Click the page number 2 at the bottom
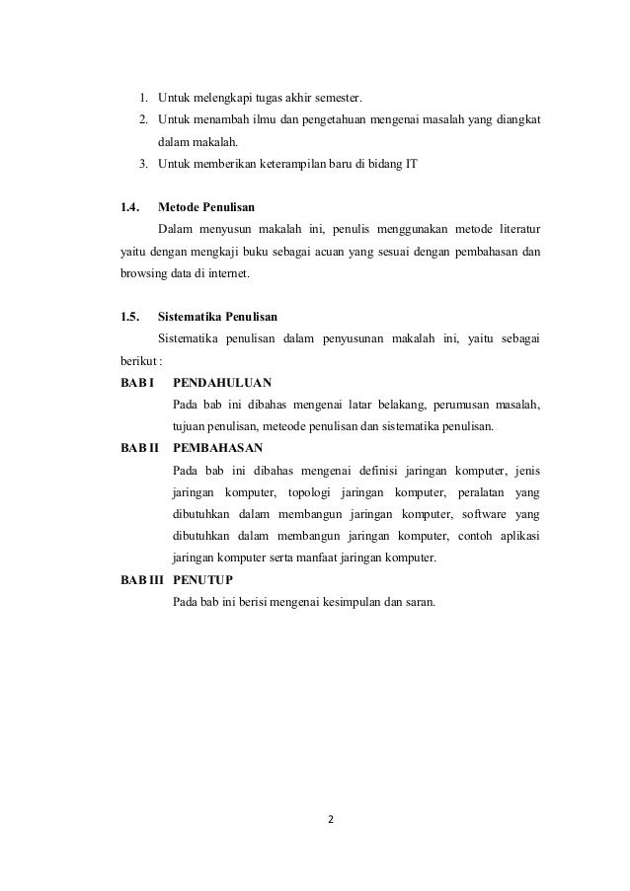click(330, 818)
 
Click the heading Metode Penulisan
click(206, 208)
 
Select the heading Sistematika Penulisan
click(217, 317)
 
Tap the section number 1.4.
click(129, 208)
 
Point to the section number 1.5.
click(129, 317)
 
